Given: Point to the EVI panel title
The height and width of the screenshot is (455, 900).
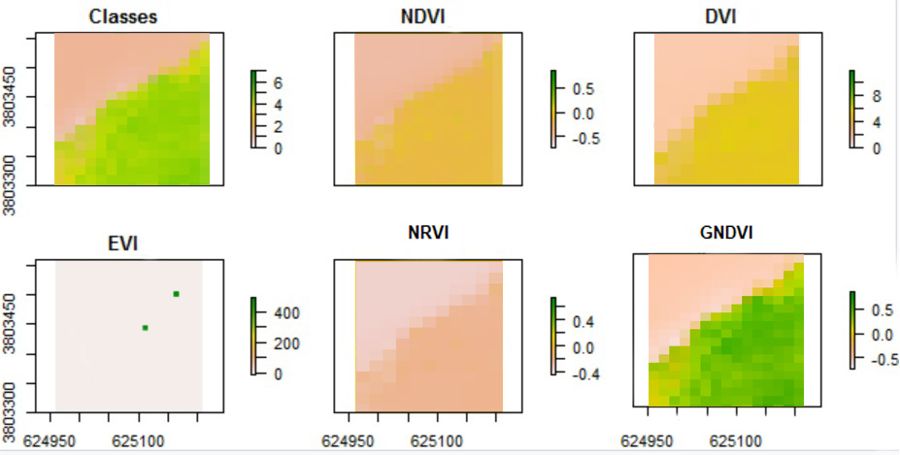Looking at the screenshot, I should [124, 244].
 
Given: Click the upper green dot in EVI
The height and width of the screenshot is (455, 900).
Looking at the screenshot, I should [176, 293].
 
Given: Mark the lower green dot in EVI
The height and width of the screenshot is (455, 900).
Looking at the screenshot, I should [145, 328].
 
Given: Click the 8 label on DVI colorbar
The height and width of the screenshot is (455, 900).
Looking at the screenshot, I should [874, 98].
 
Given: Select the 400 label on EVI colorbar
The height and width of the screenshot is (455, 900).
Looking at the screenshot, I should [287, 313].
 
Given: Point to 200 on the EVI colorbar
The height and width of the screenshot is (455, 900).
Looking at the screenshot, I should [287, 343].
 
